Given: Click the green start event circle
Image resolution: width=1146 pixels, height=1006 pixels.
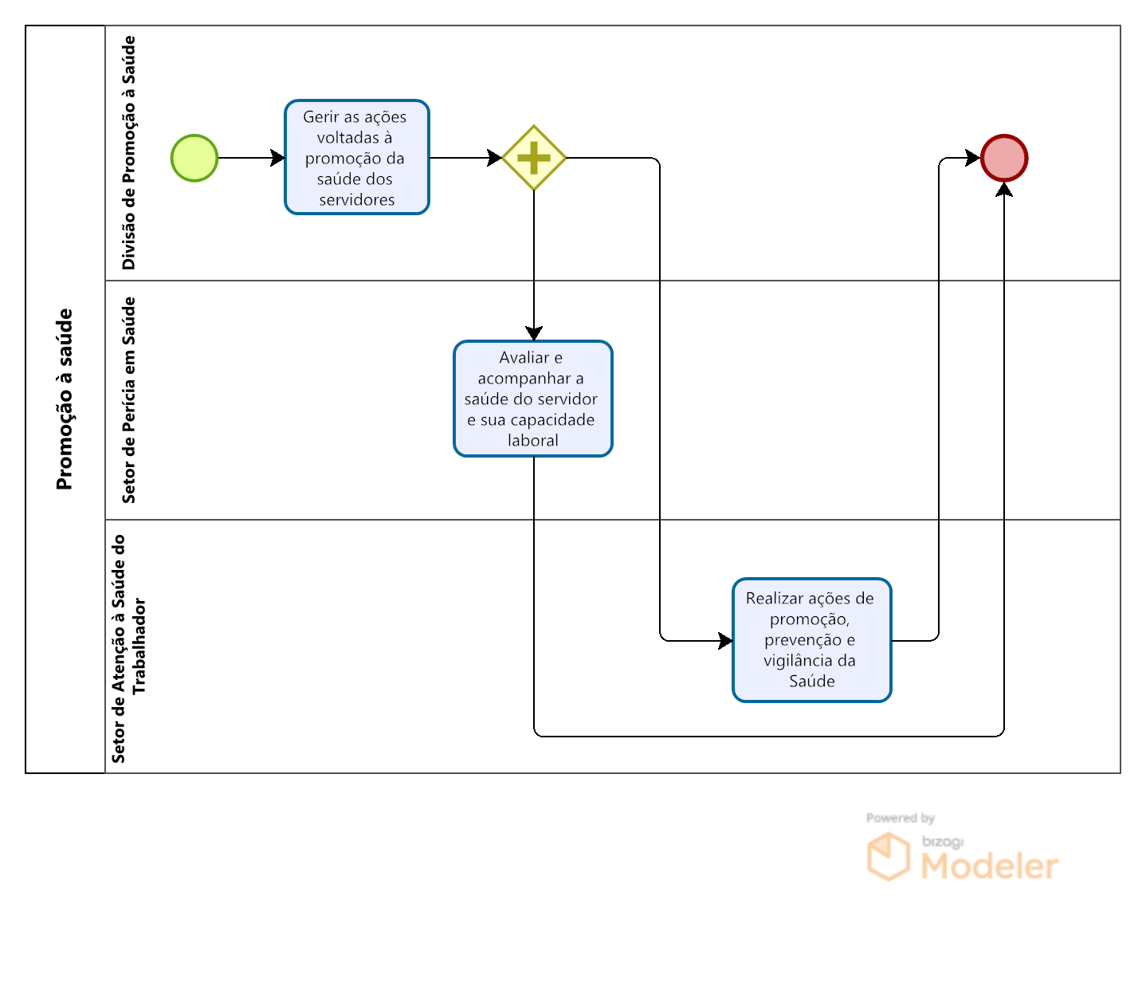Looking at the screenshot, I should (194, 158).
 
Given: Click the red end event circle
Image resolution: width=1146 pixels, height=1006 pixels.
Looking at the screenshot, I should (1004, 158).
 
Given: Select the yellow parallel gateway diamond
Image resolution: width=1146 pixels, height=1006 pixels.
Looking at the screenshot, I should (534, 158).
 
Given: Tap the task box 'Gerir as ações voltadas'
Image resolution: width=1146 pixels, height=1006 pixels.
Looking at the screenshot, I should (357, 157).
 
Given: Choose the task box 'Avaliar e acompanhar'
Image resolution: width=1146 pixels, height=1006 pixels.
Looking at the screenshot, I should (533, 399).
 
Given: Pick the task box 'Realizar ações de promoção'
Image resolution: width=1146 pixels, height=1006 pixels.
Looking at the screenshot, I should (812, 640).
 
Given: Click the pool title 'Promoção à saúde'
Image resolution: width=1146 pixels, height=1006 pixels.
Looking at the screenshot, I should (65, 399).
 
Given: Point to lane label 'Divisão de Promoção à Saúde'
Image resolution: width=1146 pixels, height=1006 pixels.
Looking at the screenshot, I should (128, 153).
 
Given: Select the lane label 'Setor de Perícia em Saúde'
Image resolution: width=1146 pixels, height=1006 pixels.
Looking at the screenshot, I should (128, 400).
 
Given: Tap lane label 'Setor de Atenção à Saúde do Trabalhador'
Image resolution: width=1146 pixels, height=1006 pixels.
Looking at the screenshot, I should (128, 647).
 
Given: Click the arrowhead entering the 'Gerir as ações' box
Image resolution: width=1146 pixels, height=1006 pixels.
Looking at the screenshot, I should (278, 158).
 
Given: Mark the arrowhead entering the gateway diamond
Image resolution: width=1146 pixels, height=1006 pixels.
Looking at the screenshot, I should (495, 158).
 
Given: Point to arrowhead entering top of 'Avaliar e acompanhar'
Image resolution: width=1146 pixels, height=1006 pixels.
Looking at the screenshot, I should (534, 333).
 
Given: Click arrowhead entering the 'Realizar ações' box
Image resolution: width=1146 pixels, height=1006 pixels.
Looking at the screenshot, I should (725, 640).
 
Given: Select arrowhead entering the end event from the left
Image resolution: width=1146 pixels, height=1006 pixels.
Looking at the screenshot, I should (973, 158).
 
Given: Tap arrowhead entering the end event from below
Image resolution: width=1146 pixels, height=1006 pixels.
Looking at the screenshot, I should (1004, 190).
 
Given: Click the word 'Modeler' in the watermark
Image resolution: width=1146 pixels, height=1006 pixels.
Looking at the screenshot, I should (989, 866).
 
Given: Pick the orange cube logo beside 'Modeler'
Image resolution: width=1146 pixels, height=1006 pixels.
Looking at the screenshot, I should (888, 857).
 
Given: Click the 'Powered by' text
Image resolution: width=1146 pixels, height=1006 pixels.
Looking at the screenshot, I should (900, 818).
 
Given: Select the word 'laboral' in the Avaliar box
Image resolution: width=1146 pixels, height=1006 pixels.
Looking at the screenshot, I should (533, 440).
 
